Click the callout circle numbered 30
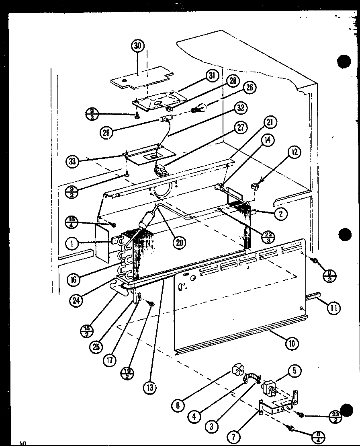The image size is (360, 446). (x=138, y=46)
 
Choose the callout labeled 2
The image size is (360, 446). (x=280, y=214)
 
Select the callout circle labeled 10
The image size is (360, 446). (x=292, y=343)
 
